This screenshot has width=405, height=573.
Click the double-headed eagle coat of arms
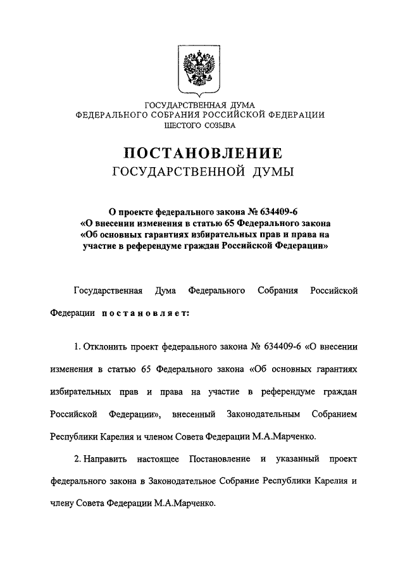click(x=199, y=71)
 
